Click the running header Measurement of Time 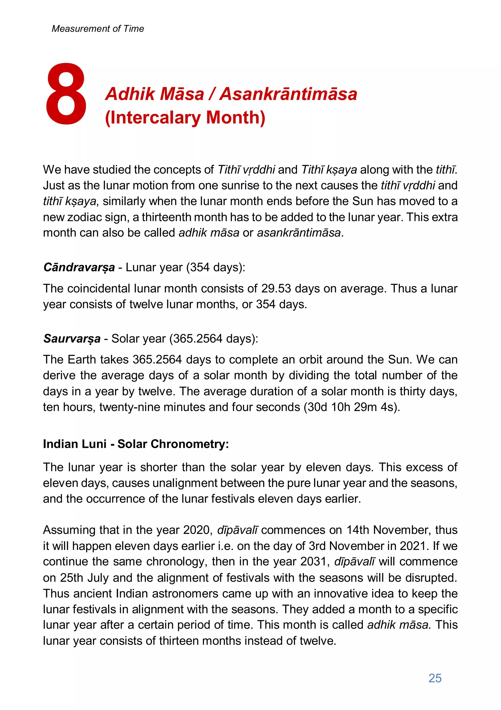(98, 29)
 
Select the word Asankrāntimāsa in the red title (288, 94)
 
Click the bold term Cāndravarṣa (79, 268)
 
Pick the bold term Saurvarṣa (72, 339)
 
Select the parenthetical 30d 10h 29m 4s (352, 407)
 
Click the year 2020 (197, 530)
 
